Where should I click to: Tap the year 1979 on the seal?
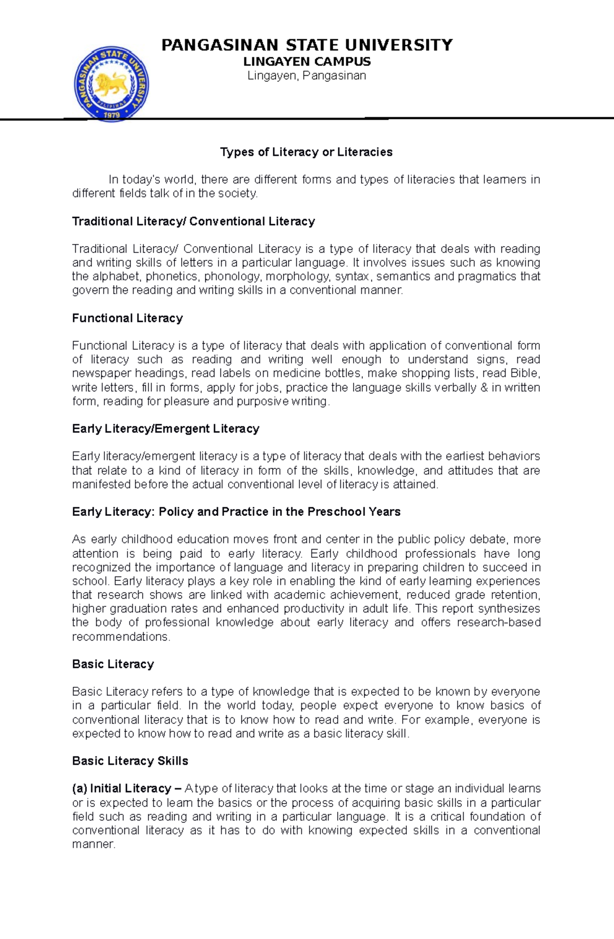tap(112, 115)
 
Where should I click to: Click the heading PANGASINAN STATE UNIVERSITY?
tap(307, 45)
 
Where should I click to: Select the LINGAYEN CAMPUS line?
tap(307, 62)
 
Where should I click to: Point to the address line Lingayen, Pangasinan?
tap(307, 76)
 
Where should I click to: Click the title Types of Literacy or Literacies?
tap(306, 152)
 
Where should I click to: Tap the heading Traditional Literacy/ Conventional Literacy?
tap(193, 222)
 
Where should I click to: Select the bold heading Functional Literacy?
tap(127, 318)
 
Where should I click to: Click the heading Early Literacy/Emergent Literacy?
tap(166, 429)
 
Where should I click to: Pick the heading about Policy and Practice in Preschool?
tap(236, 512)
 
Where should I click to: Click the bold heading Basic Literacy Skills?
tap(130, 761)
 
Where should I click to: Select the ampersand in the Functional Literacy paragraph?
tap(484, 388)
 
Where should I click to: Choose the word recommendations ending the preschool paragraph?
tap(120, 637)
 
